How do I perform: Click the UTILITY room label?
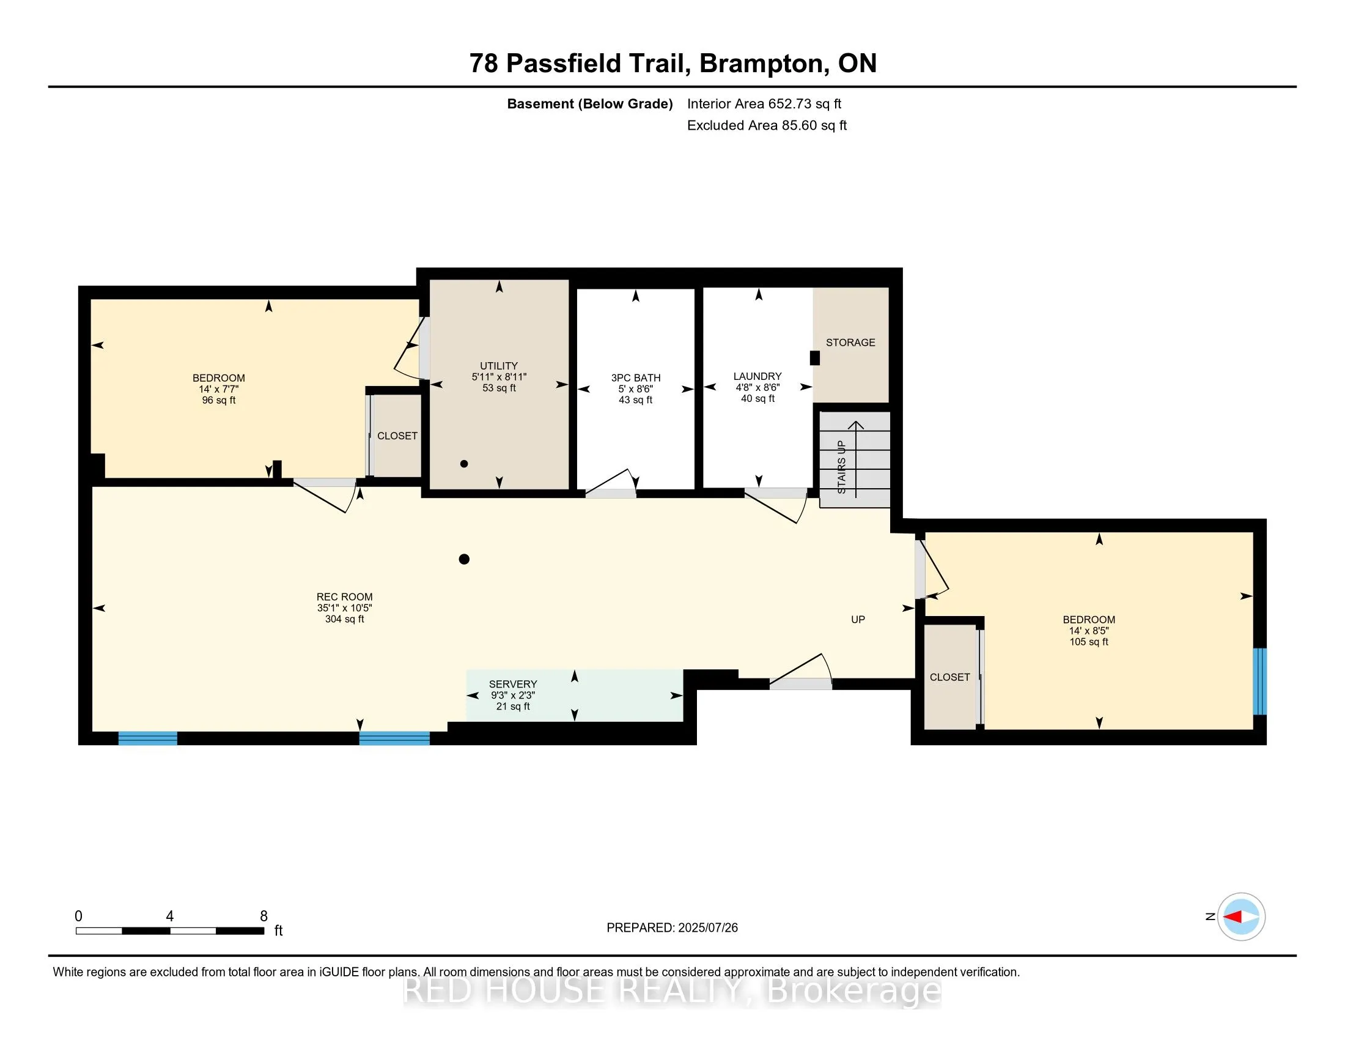(x=499, y=366)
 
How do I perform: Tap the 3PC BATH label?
(x=636, y=377)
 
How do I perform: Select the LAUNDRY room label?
(x=757, y=376)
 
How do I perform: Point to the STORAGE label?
(x=850, y=343)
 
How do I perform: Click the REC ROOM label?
(x=344, y=597)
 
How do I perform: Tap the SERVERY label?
(x=513, y=684)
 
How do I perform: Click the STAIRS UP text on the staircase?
(x=842, y=467)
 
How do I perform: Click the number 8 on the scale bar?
(x=263, y=916)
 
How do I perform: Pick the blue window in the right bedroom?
(x=1260, y=682)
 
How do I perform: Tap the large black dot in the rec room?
(x=465, y=559)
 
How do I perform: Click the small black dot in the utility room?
(x=465, y=464)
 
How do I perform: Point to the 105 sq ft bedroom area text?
(x=1089, y=642)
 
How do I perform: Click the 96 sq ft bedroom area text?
(x=219, y=401)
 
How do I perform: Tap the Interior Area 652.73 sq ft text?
(x=764, y=104)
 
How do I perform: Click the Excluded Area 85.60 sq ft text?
(x=767, y=125)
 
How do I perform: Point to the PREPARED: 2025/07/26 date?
(x=672, y=928)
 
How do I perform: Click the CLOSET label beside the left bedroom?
(x=397, y=436)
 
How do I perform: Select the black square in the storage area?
(x=815, y=358)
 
